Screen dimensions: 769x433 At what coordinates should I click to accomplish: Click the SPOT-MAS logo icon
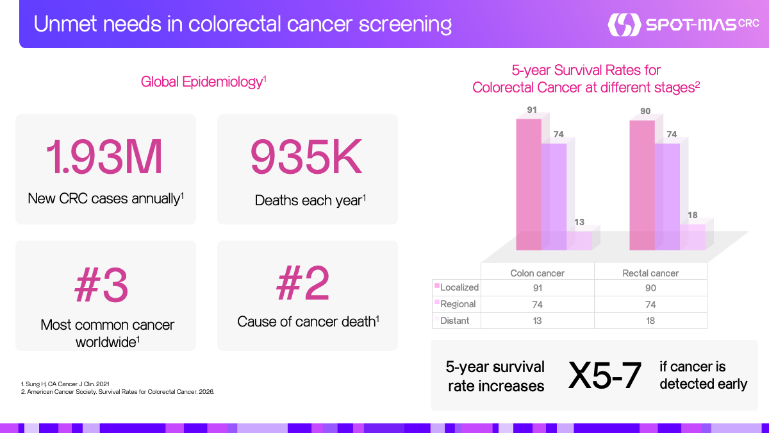624,24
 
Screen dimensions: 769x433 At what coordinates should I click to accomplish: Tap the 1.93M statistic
104,157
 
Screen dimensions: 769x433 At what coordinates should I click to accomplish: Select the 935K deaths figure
306,157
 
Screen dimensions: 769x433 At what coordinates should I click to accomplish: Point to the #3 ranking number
101,285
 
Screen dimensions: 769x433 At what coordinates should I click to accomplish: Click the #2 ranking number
302,283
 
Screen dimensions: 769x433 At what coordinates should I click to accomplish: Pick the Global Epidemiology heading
204,82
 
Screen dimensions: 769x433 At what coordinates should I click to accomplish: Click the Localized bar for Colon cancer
529,185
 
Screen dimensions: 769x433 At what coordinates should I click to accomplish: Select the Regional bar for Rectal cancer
667,196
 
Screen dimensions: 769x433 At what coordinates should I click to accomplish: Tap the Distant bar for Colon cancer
579,241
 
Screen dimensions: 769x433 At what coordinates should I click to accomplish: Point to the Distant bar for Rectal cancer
693,237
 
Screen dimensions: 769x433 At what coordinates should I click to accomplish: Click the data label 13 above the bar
579,222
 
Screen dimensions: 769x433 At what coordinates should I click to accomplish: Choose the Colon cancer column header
537,273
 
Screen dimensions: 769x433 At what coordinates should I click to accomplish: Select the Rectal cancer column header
650,273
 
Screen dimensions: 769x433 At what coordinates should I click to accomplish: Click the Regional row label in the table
458,304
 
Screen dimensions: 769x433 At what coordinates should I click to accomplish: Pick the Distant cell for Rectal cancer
650,321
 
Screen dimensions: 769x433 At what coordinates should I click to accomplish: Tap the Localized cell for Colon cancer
538,288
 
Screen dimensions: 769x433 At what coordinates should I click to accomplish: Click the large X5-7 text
604,375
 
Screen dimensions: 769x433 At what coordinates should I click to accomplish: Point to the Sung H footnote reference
65,384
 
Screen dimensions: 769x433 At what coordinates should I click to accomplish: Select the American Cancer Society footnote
118,392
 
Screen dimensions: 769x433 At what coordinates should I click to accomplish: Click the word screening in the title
405,25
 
